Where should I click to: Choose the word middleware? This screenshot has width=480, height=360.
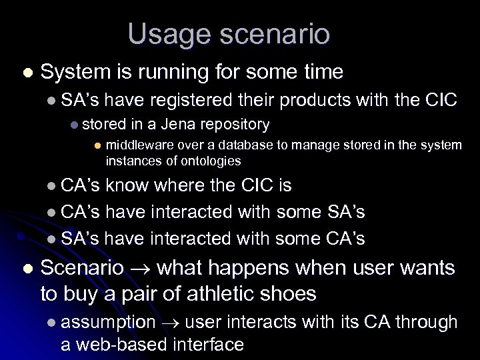point(137,145)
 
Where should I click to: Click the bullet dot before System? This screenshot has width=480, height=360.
point(26,73)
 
